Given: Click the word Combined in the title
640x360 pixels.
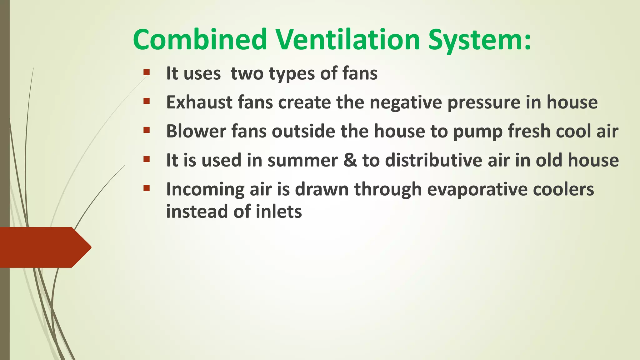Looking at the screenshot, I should [200, 40].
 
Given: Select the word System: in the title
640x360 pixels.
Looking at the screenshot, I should [479, 40].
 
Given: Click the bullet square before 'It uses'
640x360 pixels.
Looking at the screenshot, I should [147, 72].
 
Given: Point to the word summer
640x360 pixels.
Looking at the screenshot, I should [302, 160].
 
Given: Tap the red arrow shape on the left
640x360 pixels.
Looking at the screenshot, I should [44, 247].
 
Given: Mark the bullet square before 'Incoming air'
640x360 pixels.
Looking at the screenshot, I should [147, 188].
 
